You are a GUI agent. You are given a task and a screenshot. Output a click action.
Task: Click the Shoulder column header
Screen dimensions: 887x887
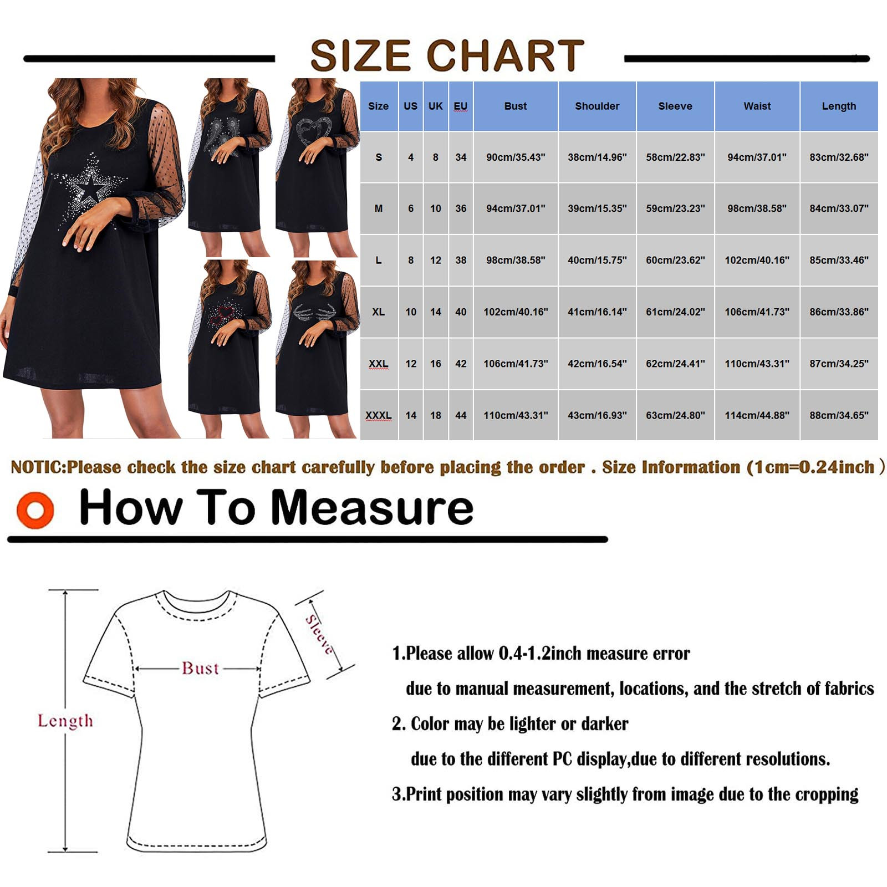[x=597, y=106]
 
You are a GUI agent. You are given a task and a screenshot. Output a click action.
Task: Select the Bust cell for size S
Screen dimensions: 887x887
[x=516, y=157]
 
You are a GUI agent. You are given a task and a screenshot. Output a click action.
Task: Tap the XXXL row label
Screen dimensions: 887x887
[x=379, y=415]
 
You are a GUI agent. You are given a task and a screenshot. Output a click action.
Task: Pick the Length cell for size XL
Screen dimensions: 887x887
[x=839, y=312]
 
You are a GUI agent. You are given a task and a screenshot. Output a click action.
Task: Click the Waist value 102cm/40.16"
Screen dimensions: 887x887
[x=757, y=260]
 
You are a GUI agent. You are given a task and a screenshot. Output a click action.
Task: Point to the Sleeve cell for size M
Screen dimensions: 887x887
[x=675, y=208]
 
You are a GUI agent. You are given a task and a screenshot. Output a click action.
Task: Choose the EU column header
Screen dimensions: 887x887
[x=461, y=106]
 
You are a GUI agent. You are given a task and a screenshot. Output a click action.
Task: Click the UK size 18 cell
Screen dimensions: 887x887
[x=436, y=415]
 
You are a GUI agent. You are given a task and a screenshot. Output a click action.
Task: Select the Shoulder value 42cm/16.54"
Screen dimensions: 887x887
[x=597, y=364]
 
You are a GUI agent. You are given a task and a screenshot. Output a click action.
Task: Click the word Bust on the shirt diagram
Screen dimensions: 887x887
[x=201, y=668]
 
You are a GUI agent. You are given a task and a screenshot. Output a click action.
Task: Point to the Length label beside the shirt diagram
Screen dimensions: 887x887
[x=65, y=721]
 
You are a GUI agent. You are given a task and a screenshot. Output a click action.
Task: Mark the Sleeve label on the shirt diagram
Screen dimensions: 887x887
[x=320, y=635]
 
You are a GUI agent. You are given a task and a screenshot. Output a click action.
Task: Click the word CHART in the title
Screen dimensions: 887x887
[x=505, y=55]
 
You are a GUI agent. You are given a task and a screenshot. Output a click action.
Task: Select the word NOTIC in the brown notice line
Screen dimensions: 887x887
[x=38, y=467]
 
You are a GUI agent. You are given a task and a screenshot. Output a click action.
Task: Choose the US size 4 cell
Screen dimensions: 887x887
[x=411, y=157]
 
